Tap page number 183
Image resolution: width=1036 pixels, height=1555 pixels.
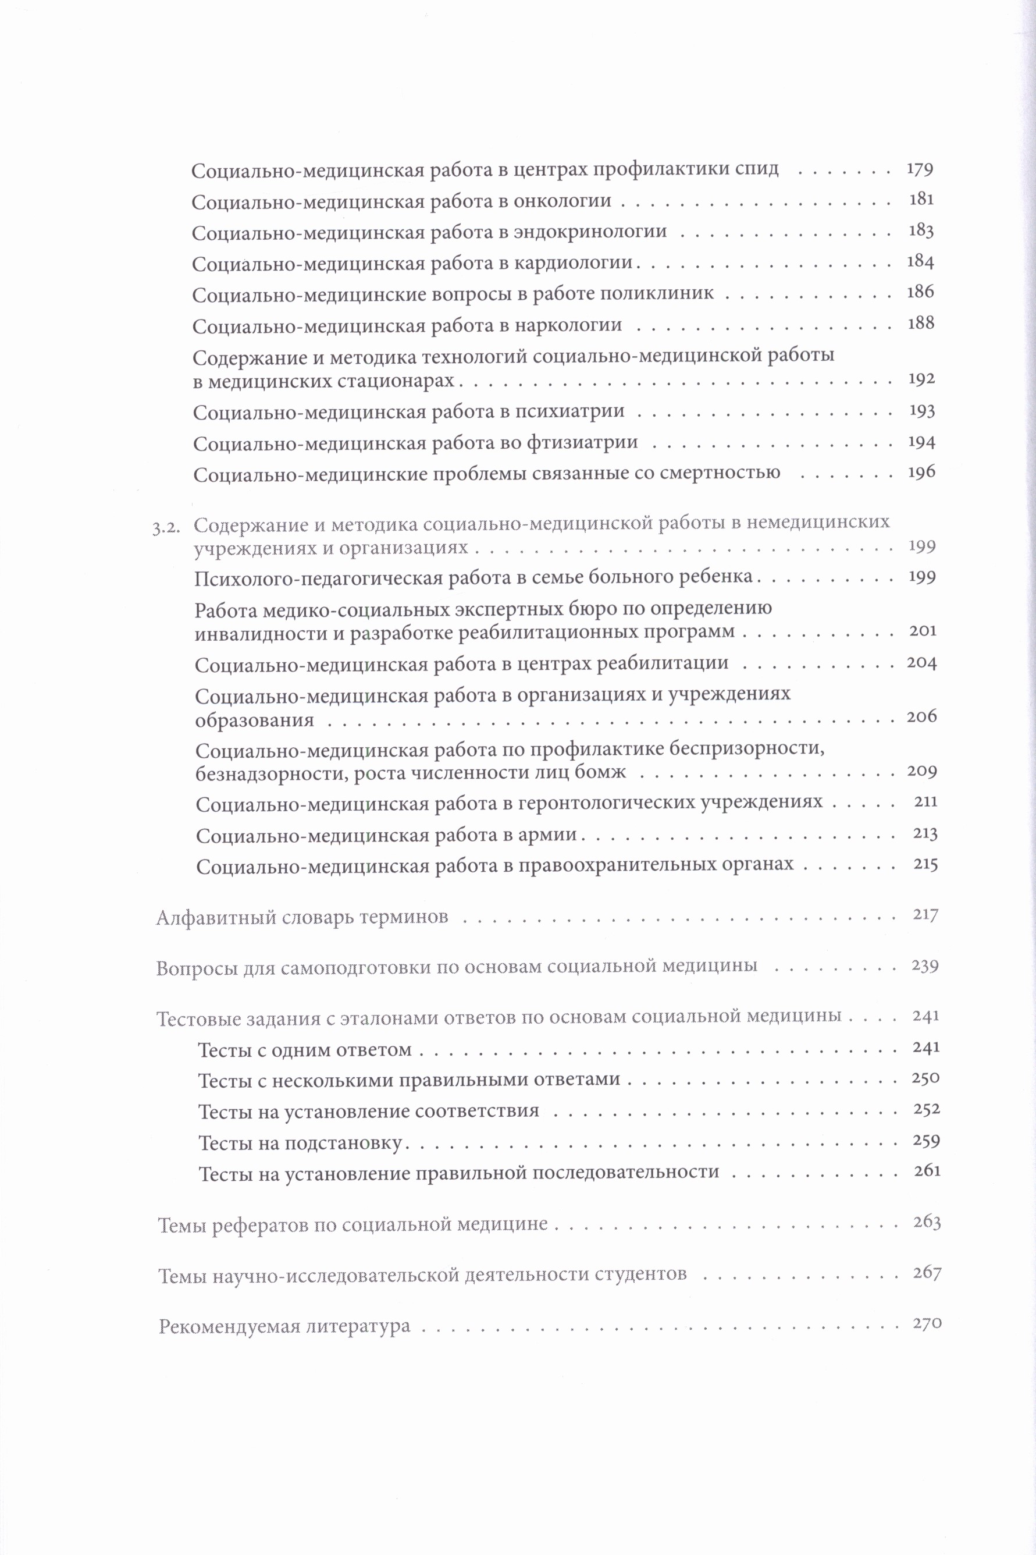[920, 230]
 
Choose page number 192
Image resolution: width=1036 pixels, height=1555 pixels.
[921, 379]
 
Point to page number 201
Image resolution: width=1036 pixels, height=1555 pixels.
[923, 630]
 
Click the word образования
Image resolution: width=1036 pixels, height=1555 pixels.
[254, 720]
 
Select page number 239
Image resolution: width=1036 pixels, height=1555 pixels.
[925, 966]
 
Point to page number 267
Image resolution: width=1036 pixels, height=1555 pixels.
[926, 1272]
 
